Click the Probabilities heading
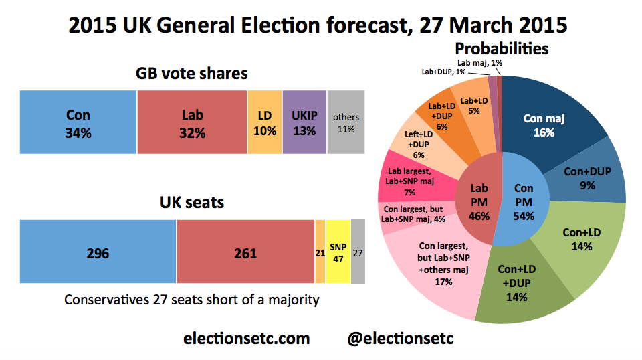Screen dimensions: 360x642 (502, 48)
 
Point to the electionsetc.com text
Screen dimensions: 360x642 (246, 338)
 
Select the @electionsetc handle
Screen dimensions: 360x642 (401, 338)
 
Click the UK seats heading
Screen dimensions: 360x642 (192, 201)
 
